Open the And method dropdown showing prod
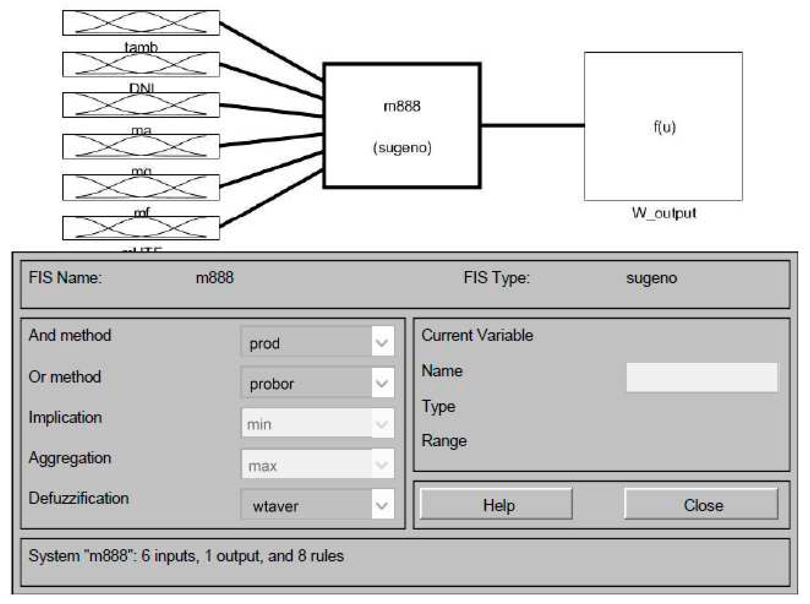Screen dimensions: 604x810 (x=317, y=342)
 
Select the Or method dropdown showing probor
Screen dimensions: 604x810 (x=317, y=382)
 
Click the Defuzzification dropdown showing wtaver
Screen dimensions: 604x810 (x=317, y=505)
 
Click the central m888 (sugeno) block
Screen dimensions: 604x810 (x=401, y=126)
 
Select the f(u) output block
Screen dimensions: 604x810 (x=663, y=126)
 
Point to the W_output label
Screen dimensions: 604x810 (x=664, y=212)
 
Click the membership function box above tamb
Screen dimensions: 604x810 (x=141, y=23)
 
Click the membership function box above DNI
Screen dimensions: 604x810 (x=141, y=64)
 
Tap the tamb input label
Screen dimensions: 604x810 (x=141, y=46)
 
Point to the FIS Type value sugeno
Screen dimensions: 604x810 (x=651, y=278)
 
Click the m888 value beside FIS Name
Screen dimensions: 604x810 (x=214, y=278)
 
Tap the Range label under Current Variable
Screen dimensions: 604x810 (x=444, y=441)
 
